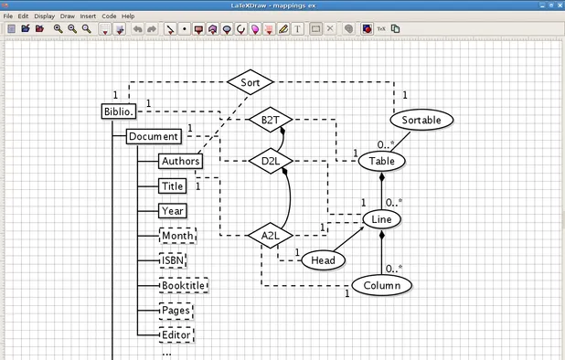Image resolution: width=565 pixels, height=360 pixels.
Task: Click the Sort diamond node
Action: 251,82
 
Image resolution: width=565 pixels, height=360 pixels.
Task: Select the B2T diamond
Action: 271,120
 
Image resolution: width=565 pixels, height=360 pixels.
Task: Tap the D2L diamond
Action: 271,161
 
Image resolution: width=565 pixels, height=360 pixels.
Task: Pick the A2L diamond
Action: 271,235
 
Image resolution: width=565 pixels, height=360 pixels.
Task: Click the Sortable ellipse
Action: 421,120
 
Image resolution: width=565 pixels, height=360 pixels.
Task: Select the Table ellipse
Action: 381,161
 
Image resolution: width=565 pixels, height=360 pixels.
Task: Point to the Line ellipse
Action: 381,219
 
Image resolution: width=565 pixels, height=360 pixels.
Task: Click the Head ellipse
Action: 323,260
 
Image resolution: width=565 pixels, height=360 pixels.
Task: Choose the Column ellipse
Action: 381,285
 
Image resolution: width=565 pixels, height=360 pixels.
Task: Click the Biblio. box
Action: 119,112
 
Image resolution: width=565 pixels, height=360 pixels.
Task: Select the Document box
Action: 153,136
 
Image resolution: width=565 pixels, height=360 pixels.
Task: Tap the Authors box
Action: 179,161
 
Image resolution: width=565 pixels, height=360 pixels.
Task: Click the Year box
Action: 173,210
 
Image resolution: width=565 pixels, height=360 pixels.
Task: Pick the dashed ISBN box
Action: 173,259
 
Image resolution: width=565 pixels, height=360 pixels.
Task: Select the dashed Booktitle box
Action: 184,285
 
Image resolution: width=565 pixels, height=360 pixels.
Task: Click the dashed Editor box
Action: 176,334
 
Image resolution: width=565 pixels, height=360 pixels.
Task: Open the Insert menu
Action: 88,16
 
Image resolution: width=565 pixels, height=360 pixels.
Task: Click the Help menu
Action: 128,16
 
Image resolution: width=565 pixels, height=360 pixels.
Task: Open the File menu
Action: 8,16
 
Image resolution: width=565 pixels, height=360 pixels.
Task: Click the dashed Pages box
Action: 175,310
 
